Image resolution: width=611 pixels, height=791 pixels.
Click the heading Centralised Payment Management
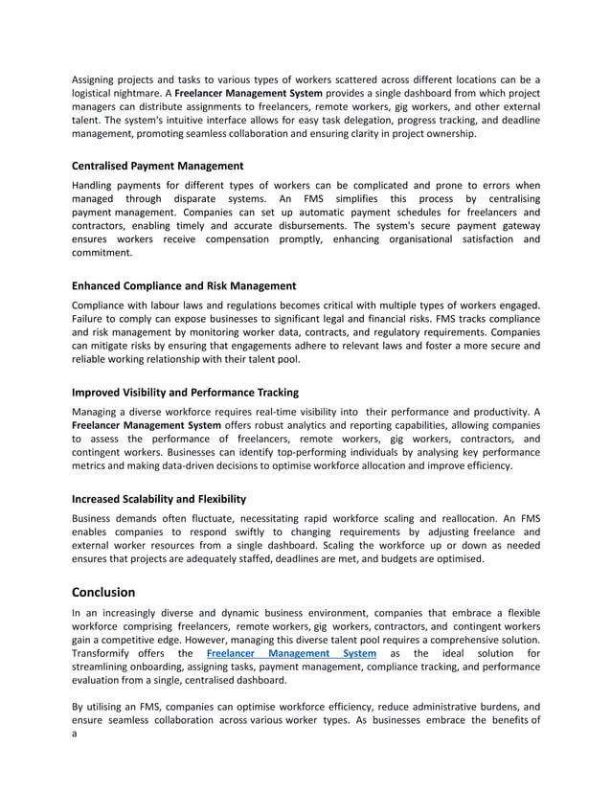[157, 166]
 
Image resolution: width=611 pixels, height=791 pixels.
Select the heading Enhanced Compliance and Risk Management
[184, 285]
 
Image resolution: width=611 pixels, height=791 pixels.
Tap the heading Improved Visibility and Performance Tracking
[185, 392]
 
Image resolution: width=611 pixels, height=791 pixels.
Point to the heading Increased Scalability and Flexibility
[159, 499]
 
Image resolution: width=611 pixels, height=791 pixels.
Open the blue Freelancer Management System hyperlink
[291, 654]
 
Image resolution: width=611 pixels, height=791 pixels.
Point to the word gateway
[515, 225]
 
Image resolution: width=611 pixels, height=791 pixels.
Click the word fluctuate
[212, 518]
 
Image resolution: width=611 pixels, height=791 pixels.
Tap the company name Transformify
[107, 654]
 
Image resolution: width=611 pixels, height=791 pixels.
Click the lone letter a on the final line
[75, 734]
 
